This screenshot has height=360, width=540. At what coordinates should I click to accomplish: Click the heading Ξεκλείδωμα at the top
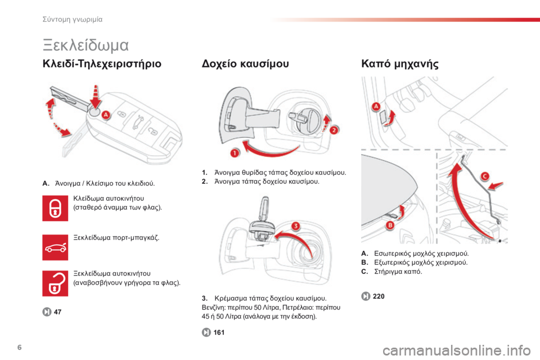[85, 45]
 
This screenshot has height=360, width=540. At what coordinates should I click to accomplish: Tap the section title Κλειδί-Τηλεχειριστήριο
[102, 64]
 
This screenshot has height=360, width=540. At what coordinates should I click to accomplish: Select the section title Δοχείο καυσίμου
[245, 64]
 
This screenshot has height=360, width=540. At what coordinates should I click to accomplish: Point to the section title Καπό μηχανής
[400, 64]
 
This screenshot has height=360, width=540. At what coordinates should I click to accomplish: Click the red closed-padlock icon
[55, 208]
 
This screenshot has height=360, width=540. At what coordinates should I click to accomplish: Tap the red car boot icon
[55, 247]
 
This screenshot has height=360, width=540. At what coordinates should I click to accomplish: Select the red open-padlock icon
[55, 283]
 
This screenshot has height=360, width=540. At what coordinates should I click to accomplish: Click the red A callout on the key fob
[106, 115]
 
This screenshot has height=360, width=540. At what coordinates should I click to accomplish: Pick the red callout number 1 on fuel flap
[235, 152]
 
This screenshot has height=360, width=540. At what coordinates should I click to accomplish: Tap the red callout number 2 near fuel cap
[334, 130]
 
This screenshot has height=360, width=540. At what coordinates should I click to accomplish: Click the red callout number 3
[296, 226]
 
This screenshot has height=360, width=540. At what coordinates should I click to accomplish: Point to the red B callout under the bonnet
[390, 226]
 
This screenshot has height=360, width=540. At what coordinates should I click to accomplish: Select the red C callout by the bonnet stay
[485, 176]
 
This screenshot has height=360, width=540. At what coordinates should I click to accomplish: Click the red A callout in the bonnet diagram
[376, 106]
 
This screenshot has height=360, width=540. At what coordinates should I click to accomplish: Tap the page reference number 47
[57, 312]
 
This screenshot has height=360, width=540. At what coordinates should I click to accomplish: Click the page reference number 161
[219, 332]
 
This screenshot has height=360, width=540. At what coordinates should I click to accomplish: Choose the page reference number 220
[379, 296]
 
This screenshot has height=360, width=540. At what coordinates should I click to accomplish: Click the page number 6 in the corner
[19, 347]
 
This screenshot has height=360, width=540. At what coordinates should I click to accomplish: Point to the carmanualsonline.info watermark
[456, 350]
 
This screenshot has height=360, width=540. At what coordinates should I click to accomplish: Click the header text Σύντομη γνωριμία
[73, 20]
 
